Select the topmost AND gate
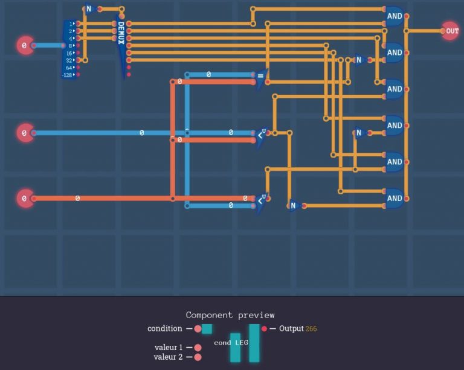[394, 16]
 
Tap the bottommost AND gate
[394, 198]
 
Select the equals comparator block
[260, 77]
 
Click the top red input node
[24, 45]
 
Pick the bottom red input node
[24, 198]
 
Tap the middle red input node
[24, 133]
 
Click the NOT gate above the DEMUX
[89, 9]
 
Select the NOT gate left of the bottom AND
[294, 206]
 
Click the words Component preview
[230, 315]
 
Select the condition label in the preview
[164, 329]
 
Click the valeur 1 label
[168, 348]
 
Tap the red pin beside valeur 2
[198, 357]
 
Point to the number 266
[311, 329]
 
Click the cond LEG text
[231, 343]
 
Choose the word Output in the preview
[291, 328]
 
